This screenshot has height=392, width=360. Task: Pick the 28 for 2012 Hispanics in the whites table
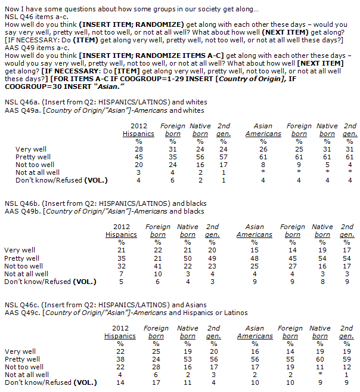[138, 149]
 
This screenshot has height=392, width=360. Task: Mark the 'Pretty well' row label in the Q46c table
[24, 359]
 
